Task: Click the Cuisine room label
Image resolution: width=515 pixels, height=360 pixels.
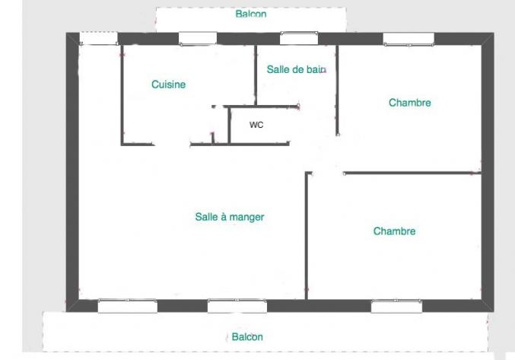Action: coord(168,84)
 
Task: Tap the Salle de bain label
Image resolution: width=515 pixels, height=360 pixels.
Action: coord(296,69)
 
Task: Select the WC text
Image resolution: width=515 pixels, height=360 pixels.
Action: coord(256,125)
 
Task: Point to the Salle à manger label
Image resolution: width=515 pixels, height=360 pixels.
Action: coord(230,217)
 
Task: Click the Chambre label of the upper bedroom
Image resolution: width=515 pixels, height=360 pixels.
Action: coord(409,103)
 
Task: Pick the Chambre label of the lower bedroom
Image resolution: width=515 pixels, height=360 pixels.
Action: coord(394,231)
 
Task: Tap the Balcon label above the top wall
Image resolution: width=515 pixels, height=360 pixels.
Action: coord(251,14)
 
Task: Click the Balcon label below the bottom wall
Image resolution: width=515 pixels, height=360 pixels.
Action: coord(247,336)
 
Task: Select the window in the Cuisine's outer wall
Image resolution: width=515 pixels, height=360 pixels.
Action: coord(198,38)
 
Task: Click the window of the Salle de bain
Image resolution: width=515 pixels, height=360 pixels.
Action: coord(299,38)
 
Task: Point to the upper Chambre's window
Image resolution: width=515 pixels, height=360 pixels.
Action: coord(409,39)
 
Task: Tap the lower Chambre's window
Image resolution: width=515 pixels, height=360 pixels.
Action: coord(396,306)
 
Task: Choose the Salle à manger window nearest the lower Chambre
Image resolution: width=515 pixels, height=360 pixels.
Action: coord(237,306)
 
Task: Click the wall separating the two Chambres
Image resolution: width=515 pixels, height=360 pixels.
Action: coord(412,173)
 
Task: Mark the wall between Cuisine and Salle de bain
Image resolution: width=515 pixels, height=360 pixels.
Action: coord(256,75)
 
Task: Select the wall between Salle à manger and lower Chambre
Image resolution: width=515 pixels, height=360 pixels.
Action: coord(307,235)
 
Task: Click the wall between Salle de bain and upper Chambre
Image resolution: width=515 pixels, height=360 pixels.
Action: coord(337,91)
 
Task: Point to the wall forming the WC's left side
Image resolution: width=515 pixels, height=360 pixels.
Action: coord(229,126)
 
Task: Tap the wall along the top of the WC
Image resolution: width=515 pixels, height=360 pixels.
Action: coord(261,107)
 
